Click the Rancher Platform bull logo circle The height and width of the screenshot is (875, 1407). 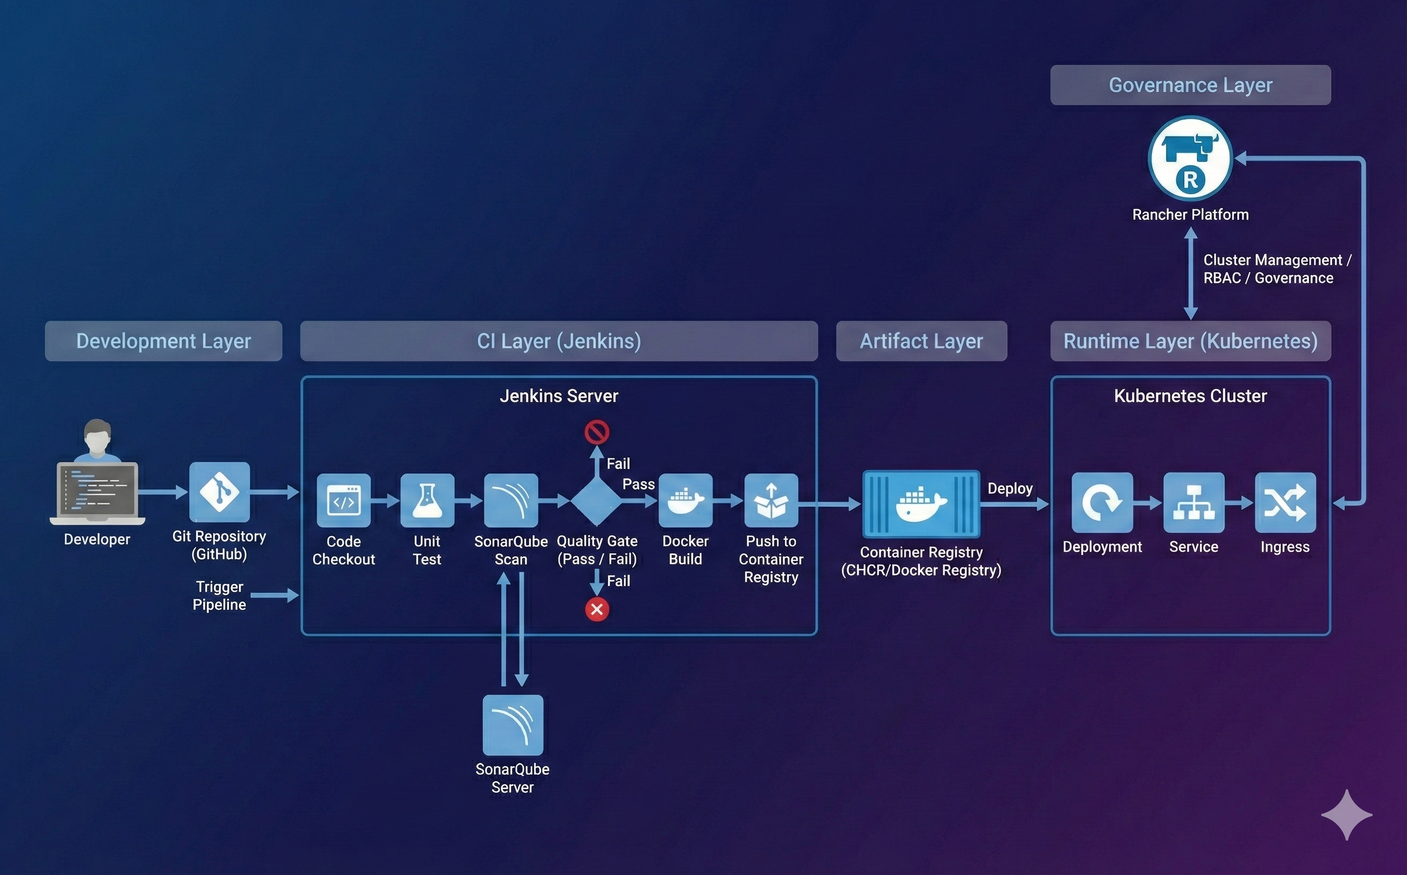pos(1190,159)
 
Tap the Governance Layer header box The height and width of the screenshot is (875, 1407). pos(1190,85)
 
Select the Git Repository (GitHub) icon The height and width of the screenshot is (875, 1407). pos(219,492)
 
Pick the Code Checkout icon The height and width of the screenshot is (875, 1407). pos(344,501)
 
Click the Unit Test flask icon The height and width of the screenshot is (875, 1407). pos(427,501)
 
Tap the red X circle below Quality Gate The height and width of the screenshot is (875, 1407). pos(597,610)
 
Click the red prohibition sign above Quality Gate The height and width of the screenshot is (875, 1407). pos(597,432)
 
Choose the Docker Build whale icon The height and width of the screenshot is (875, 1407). pos(685,501)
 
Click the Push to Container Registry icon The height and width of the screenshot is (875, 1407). pos(771,501)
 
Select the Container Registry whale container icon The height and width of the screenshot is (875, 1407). pos(921,504)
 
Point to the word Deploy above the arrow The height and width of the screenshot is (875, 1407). pos(1010,488)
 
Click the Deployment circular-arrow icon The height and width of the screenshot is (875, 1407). pos(1102,502)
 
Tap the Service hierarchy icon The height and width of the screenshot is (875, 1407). pos(1194,502)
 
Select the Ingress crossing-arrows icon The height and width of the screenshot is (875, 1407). pos(1285,502)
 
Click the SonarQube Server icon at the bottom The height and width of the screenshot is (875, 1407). pos(513,725)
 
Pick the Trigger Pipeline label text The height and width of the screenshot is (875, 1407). pos(219,596)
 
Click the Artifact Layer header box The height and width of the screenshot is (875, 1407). pos(921,341)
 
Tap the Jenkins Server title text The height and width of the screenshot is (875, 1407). pos(559,396)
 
